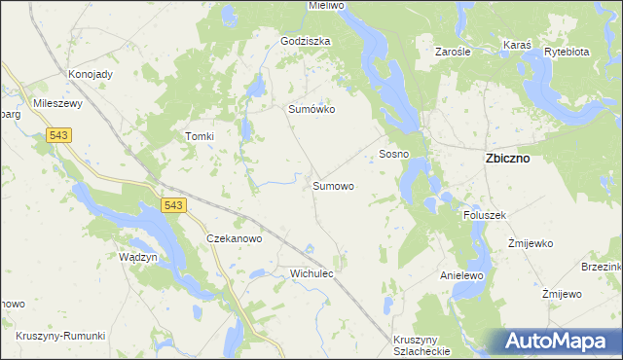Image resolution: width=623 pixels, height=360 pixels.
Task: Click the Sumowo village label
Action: (x=333, y=185)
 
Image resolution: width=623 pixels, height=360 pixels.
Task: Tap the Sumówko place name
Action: (x=311, y=110)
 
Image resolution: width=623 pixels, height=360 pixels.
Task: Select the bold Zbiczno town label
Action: (x=507, y=159)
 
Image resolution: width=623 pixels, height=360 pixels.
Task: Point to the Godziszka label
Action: (x=306, y=42)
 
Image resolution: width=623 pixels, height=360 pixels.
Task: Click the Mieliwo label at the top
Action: (x=327, y=6)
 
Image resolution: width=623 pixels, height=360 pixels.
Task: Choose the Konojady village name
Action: (x=90, y=74)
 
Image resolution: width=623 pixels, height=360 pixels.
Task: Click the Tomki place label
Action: (x=199, y=137)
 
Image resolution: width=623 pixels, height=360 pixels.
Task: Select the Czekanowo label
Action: (x=235, y=238)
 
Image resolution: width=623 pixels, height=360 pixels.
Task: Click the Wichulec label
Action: (x=311, y=274)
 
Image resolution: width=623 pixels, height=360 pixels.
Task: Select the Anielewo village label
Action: (x=462, y=275)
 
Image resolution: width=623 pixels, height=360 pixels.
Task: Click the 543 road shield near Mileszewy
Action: (x=59, y=137)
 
